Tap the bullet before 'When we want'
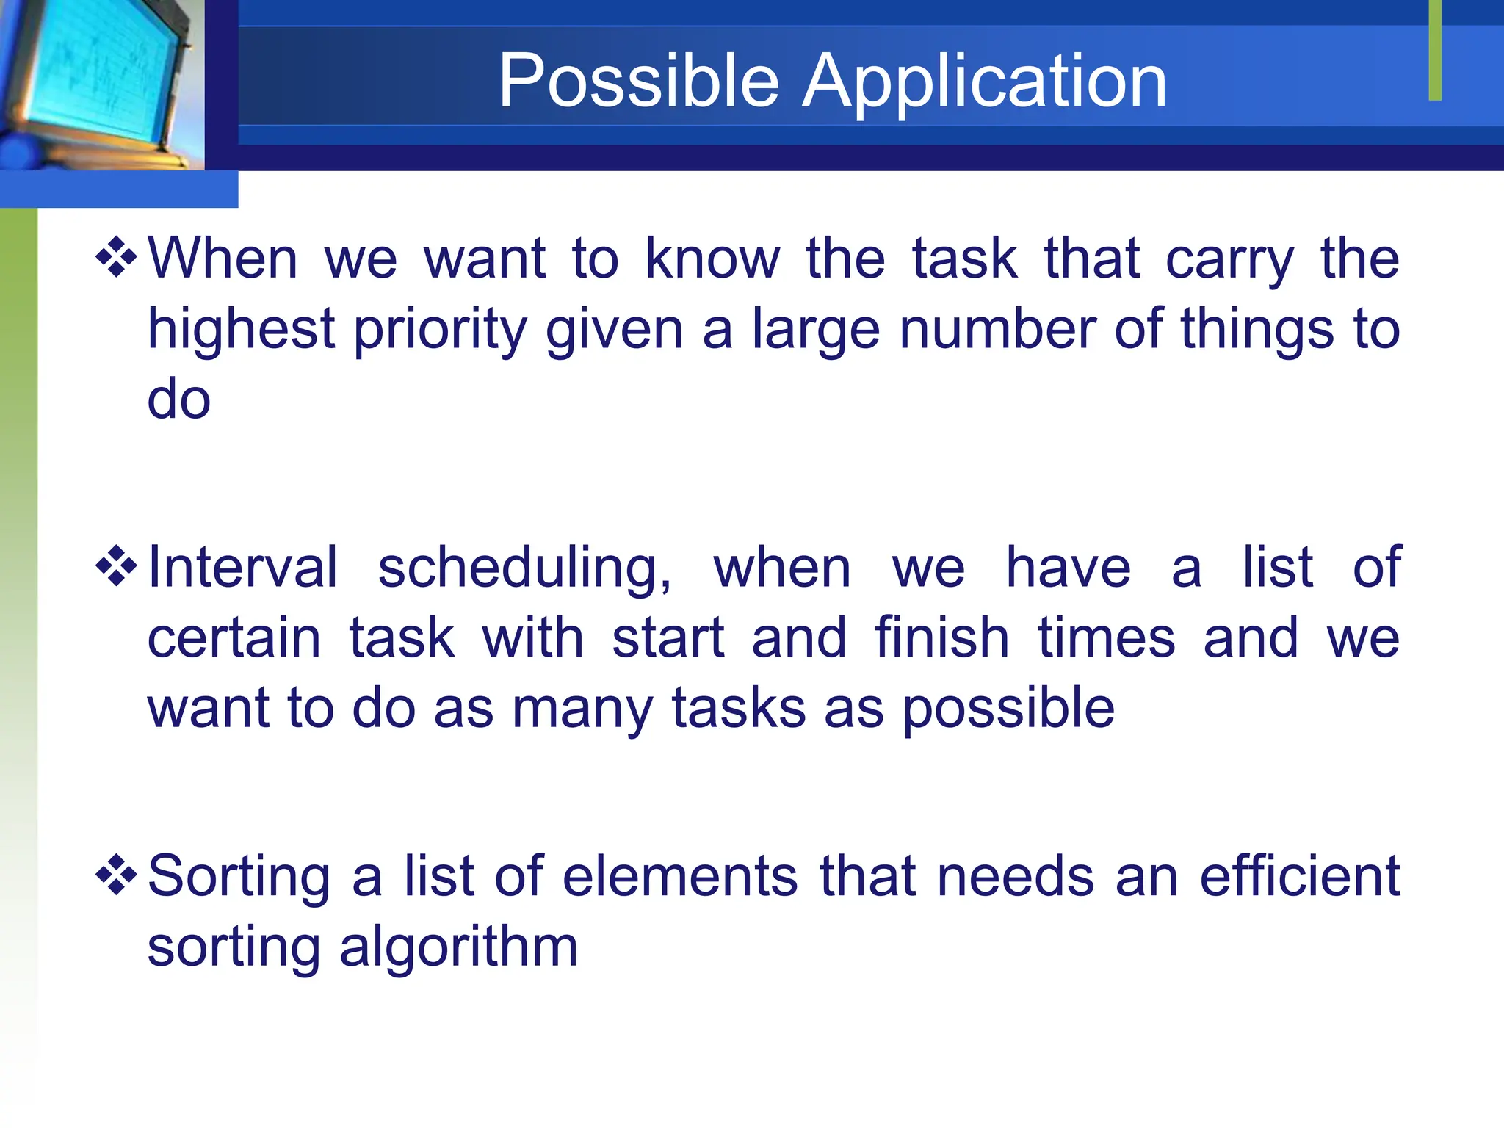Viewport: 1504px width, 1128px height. click(116, 258)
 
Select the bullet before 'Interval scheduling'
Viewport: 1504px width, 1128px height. click(116, 566)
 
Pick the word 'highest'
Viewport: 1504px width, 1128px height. click(241, 330)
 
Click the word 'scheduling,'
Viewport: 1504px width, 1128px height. click(524, 570)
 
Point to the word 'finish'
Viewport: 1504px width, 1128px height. click(941, 637)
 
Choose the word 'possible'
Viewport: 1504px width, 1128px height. click(1008, 709)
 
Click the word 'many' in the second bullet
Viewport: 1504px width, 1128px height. click(582, 709)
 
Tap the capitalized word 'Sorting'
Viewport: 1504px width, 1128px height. click(239, 878)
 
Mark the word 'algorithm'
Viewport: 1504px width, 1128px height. click(458, 947)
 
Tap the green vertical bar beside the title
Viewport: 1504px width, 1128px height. click(1435, 50)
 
